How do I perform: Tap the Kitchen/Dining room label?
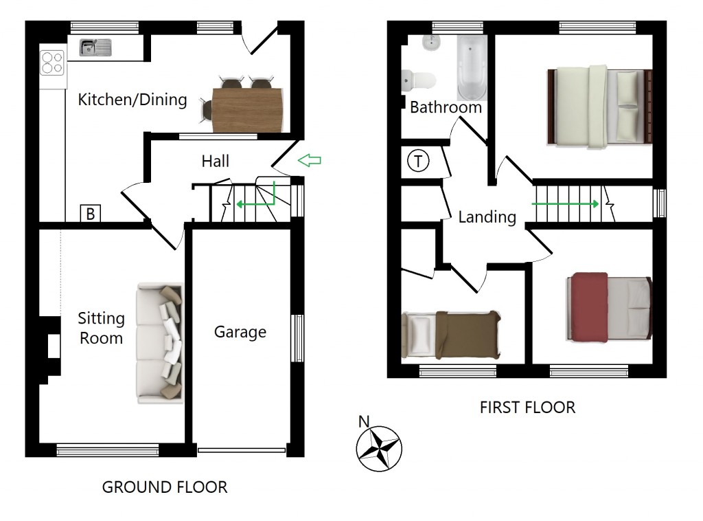[132, 100]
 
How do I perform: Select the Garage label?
[240, 332]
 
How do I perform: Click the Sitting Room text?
[101, 328]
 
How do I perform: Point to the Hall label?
[216, 161]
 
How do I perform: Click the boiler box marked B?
[90, 214]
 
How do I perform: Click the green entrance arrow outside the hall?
[310, 161]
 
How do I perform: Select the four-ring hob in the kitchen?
[53, 63]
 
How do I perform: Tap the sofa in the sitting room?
[161, 342]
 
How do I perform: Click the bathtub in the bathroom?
[472, 69]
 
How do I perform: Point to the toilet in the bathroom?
[419, 80]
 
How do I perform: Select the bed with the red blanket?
[608, 307]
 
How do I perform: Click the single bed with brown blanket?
[451, 335]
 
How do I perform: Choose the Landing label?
[487, 217]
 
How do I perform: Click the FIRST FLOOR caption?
[527, 407]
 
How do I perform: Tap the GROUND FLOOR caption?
[165, 487]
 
